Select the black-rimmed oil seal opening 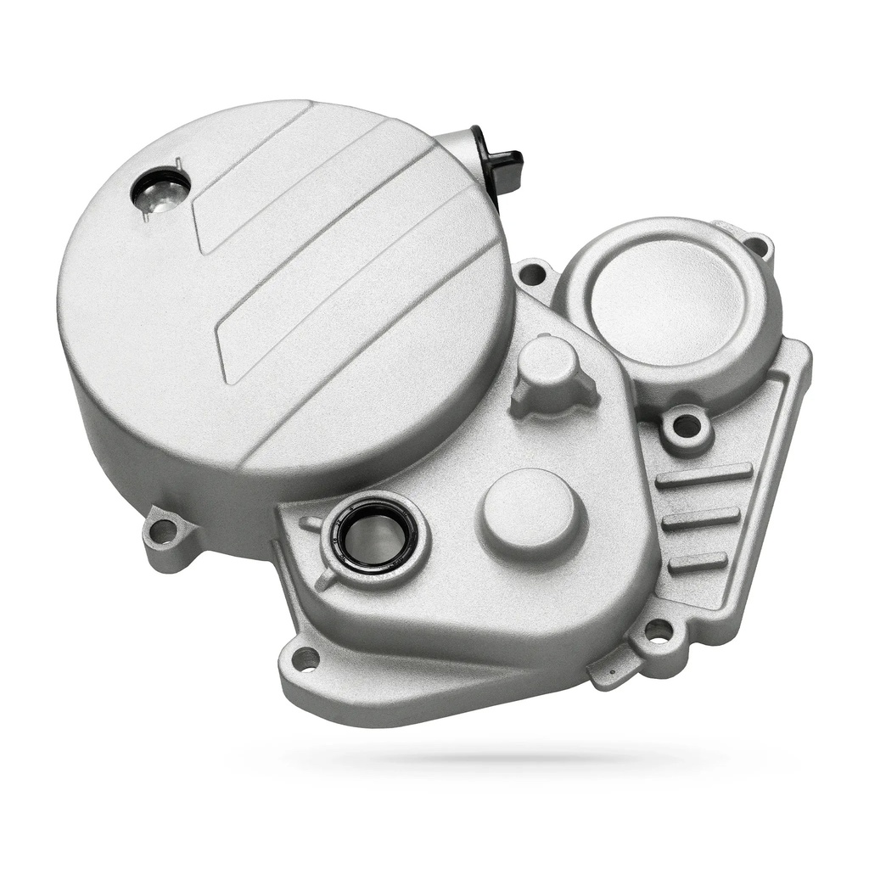(373, 535)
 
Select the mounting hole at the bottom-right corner (658, 631)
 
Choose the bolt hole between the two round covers (532, 274)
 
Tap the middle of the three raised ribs (700, 519)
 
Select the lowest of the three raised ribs (698, 562)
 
